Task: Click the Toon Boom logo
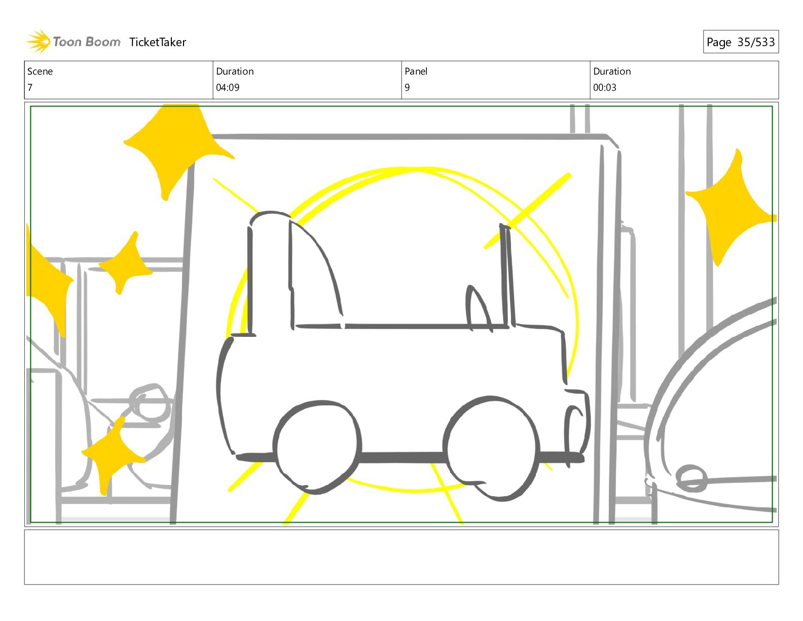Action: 74,42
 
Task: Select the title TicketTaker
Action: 158,42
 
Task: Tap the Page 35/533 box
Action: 741,42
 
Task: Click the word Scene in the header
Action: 40,72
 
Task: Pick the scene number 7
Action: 30,88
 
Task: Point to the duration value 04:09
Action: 228,88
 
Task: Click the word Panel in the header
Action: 416,72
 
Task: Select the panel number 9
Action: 407,88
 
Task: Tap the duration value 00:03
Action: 605,88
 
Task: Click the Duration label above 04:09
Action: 235,72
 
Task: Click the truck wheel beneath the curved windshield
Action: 317,447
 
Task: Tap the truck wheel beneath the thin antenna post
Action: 491,448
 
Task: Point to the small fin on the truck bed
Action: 479,308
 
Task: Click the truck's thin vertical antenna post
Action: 507,275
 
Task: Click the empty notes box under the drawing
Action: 401,557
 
